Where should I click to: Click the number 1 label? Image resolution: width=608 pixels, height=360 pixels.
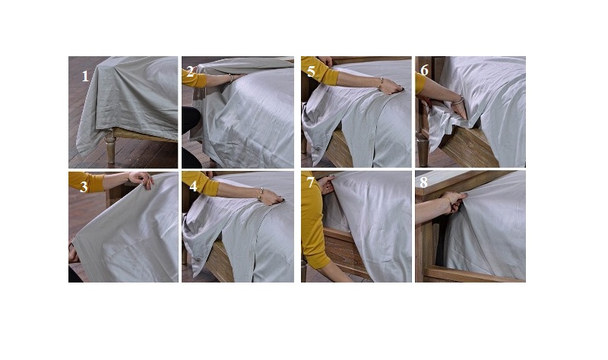[85, 77]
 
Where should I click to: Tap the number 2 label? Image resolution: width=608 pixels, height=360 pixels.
[190, 71]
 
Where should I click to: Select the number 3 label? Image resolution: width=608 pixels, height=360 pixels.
[84, 187]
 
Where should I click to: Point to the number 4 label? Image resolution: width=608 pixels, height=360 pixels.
[193, 186]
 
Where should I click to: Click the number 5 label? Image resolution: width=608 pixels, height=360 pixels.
[311, 71]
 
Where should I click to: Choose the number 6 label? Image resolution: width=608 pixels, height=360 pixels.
[424, 70]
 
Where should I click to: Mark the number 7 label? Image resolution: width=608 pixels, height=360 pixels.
[311, 182]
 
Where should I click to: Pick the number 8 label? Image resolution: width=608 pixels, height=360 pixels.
[423, 182]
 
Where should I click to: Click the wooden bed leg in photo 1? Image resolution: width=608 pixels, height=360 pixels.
[110, 147]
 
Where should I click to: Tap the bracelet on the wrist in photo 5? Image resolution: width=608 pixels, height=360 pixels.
[381, 83]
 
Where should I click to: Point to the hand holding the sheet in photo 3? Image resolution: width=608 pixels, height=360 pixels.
[141, 179]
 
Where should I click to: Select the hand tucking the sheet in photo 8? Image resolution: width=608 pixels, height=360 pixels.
[454, 201]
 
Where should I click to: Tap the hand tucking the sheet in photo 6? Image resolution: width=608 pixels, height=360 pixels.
[460, 111]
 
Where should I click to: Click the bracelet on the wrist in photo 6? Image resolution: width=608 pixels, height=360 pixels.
[458, 100]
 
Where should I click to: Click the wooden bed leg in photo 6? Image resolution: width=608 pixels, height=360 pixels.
[423, 148]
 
